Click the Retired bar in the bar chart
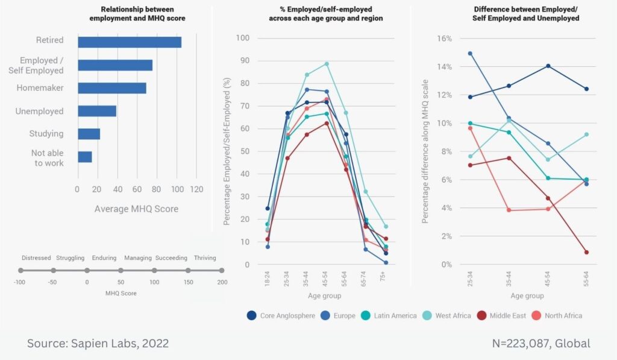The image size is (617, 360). [129, 42]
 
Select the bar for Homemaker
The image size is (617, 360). [111, 88]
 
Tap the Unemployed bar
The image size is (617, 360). [96, 111]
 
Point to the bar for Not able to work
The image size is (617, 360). [84, 157]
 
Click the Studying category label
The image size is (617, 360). [46, 134]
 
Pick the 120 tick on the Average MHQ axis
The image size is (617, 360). [196, 189]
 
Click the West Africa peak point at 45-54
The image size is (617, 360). [326, 63]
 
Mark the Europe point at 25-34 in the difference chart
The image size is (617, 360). [470, 53]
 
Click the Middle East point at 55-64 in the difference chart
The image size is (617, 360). [586, 252]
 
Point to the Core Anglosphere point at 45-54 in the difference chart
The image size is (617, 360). [548, 66]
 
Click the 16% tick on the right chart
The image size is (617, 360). [443, 38]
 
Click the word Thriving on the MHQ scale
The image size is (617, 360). [205, 258]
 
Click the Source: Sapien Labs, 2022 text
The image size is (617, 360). [98, 344]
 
